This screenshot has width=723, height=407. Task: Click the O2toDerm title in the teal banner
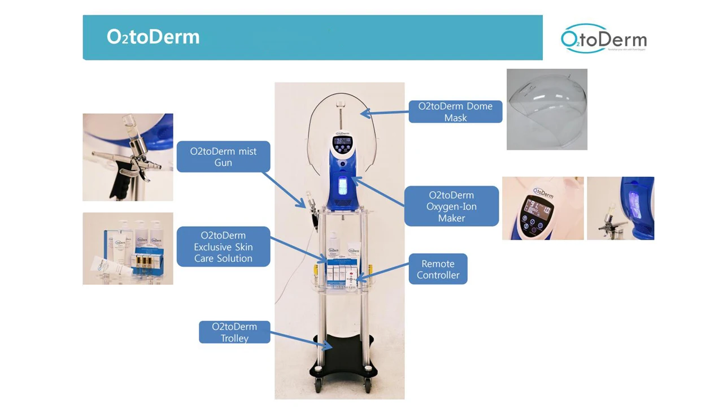click(153, 37)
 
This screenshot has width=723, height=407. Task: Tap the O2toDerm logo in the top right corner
click(603, 39)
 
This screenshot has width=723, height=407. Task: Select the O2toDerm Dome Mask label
click(455, 112)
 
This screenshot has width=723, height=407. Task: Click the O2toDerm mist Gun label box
click(223, 157)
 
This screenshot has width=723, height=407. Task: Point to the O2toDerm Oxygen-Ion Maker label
click(451, 206)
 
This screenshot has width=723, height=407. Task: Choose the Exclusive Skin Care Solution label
click(223, 247)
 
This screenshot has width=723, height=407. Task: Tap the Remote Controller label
click(438, 269)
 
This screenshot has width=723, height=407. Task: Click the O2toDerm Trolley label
click(234, 332)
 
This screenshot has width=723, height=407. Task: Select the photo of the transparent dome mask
click(547, 110)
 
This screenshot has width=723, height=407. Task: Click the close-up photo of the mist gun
click(128, 157)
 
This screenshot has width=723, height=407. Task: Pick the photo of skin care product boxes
click(128, 249)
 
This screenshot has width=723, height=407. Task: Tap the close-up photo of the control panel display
click(542, 208)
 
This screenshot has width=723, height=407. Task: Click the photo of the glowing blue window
click(620, 208)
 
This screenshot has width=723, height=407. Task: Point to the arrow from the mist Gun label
click(286, 189)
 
